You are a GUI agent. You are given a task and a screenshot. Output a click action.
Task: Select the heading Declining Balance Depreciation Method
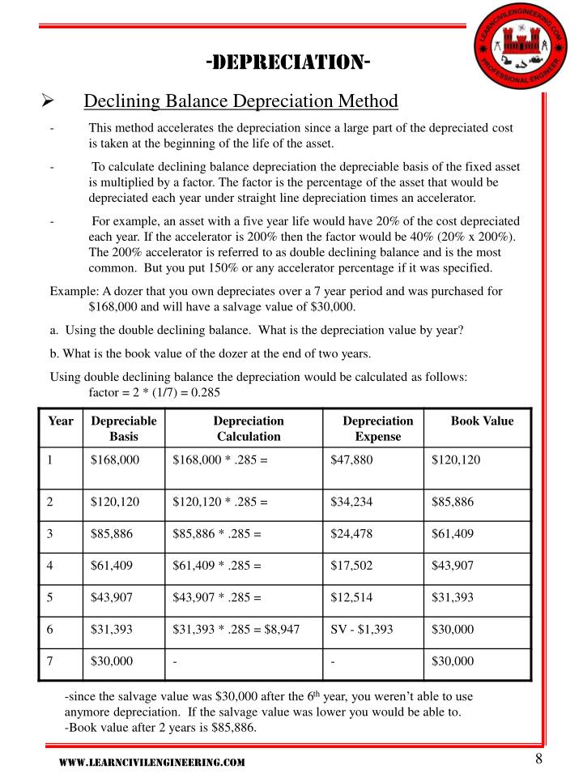[241, 101]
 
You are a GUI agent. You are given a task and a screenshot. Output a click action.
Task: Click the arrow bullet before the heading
[47, 101]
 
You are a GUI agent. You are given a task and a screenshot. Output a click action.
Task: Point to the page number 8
[538, 759]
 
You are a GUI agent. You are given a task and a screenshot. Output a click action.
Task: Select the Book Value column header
[482, 421]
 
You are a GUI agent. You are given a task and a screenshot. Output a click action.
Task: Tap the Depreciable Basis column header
[124, 429]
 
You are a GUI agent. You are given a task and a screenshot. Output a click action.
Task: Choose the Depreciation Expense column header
[377, 429]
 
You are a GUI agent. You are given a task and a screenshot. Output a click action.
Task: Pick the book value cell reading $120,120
[456, 460]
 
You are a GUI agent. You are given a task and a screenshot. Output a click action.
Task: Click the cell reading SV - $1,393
[362, 629]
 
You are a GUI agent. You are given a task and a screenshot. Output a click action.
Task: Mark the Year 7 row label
[49, 661]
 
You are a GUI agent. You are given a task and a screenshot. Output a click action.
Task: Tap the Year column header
[61, 421]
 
